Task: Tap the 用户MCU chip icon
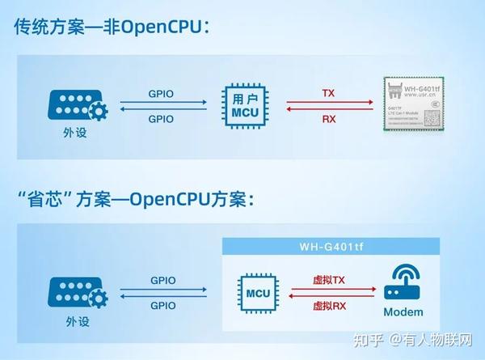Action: click(244, 105)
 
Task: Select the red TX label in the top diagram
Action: click(328, 93)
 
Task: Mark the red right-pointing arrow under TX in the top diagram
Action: click(328, 104)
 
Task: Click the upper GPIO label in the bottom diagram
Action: click(162, 280)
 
